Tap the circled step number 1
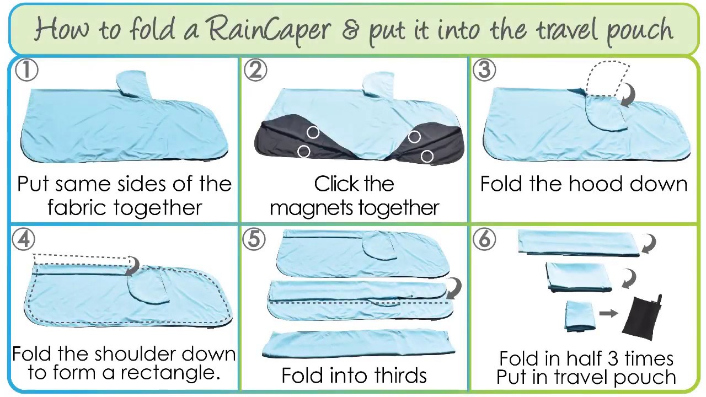point(26,71)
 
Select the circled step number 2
point(255,71)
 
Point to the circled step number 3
point(484,71)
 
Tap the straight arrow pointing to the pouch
point(608,313)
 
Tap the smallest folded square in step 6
point(580,315)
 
